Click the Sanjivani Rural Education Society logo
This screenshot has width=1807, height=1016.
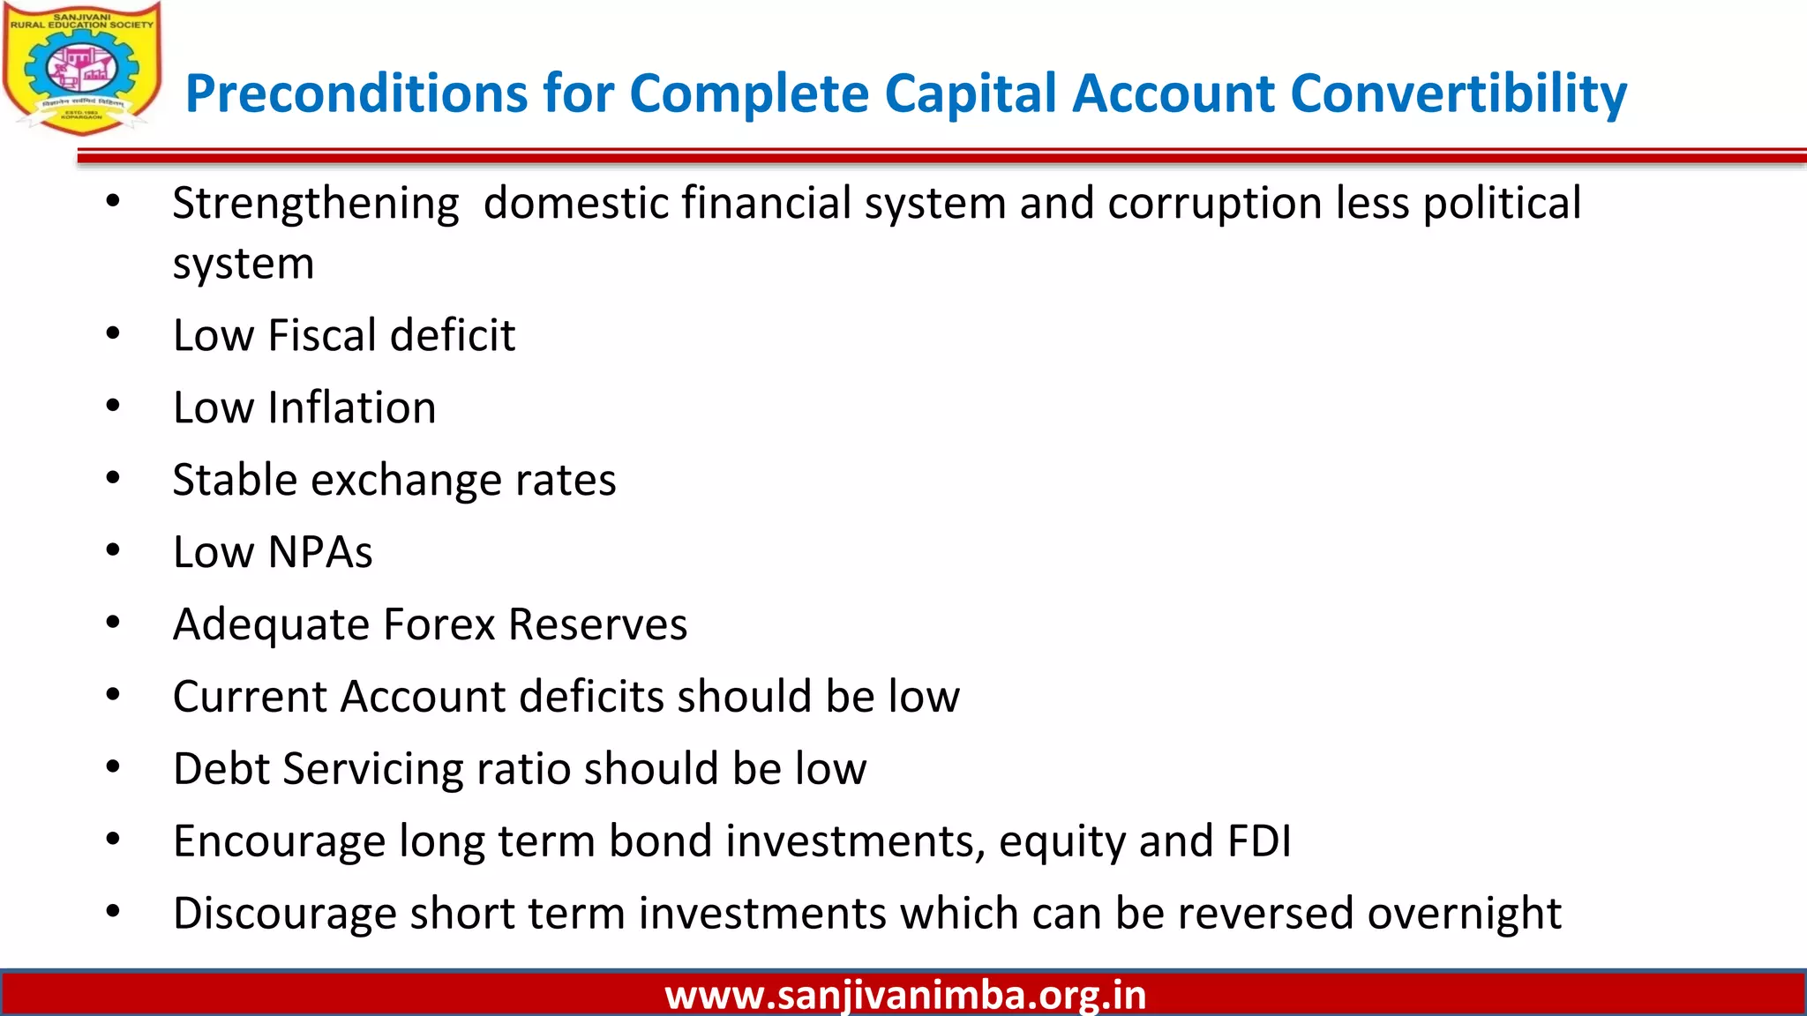pyautogui.click(x=82, y=69)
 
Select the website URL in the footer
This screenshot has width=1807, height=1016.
pyautogui.click(x=905, y=995)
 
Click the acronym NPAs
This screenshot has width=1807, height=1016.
pyautogui.click(x=319, y=553)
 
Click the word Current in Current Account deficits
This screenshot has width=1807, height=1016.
pyautogui.click(x=250, y=697)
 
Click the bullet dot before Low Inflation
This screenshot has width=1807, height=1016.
pyautogui.click(x=113, y=407)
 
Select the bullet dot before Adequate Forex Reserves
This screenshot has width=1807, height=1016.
pyautogui.click(x=113, y=623)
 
